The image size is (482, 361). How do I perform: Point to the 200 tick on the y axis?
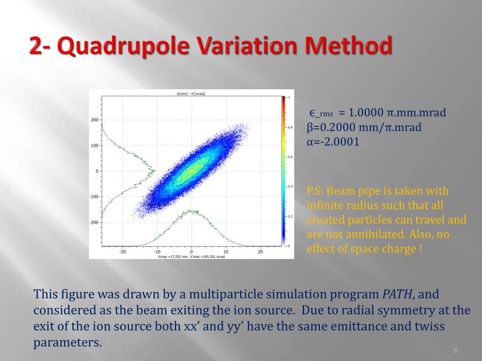(x=94, y=120)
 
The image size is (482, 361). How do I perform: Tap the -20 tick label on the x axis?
(x=122, y=252)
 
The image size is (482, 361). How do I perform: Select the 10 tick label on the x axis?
(x=225, y=252)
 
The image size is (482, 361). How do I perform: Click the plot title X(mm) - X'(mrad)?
(x=191, y=94)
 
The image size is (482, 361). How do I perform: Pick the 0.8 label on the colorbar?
(x=290, y=127)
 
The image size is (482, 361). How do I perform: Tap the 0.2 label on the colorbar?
(x=290, y=216)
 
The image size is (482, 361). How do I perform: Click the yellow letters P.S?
(x=314, y=191)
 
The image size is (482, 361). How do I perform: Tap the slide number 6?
(x=455, y=351)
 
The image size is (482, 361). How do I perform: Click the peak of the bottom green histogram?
(x=191, y=211)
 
